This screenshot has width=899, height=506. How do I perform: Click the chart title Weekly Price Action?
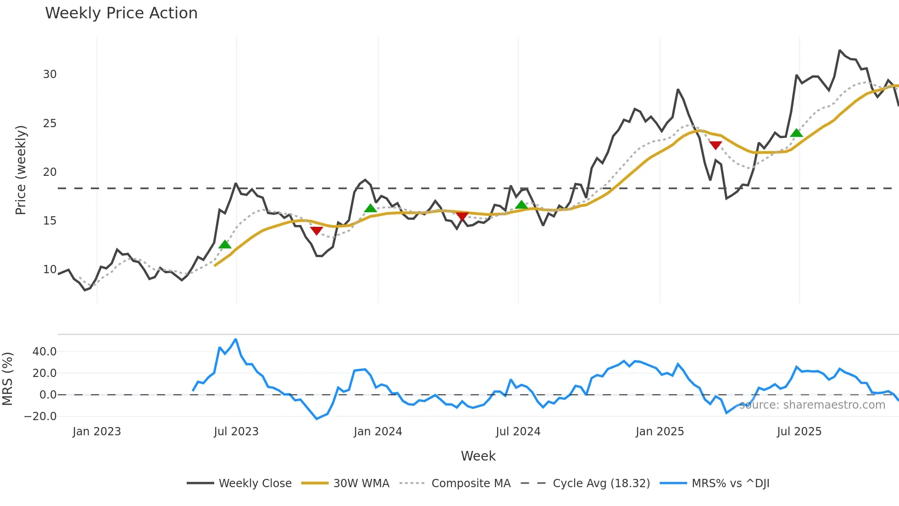click(121, 13)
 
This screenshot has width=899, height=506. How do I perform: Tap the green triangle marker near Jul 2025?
click(796, 133)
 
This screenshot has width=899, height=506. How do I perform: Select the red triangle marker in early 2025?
click(716, 145)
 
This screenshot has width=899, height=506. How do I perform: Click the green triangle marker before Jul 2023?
click(225, 244)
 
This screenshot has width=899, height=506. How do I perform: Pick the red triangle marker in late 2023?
click(316, 230)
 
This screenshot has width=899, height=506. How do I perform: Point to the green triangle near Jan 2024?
click(370, 208)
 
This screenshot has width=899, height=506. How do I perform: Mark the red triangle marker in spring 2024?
click(462, 216)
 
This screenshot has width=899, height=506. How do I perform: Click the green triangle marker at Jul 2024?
click(521, 205)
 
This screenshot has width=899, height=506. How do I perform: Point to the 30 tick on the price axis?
click(50, 74)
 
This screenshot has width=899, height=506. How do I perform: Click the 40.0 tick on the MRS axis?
click(44, 352)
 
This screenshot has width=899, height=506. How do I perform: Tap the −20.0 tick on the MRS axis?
click(40, 416)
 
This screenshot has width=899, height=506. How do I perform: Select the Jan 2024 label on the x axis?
click(377, 432)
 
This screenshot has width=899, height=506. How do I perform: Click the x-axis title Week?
click(478, 456)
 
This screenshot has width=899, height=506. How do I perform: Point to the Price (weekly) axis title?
click(21, 170)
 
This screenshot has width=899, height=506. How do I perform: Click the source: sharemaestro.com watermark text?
click(812, 405)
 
